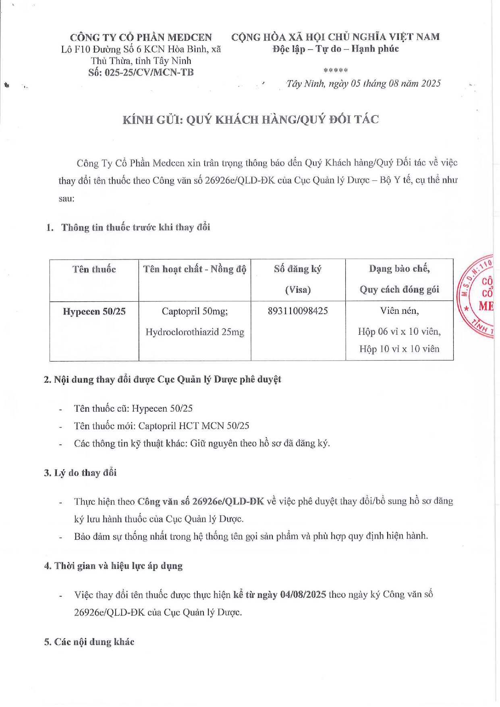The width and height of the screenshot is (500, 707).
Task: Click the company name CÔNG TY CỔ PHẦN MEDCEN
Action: [141, 37]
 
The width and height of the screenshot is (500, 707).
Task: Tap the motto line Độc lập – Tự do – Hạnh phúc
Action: [335, 49]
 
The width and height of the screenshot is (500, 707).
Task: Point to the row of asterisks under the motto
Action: [335, 70]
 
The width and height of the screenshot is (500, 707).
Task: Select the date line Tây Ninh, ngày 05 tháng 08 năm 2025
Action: [363, 83]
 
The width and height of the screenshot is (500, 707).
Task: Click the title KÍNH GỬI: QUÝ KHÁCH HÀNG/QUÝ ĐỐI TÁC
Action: [251, 120]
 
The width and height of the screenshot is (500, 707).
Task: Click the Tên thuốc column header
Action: [94, 270]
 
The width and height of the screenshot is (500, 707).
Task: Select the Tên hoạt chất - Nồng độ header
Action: [195, 269]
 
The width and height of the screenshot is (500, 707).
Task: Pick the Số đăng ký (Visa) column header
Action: [298, 279]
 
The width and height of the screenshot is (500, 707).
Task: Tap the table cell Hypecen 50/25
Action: [94, 311]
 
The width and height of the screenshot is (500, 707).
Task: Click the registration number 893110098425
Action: [298, 311]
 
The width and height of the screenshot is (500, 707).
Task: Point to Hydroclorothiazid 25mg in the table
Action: [195, 332]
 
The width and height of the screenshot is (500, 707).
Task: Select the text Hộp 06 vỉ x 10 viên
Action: [399, 332]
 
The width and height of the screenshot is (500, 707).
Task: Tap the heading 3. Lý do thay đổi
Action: [80, 473]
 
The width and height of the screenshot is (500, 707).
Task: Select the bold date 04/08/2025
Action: [303, 595]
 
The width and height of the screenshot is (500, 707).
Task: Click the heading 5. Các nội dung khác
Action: [89, 642]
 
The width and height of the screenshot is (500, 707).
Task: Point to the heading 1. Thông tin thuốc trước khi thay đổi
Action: [128, 227]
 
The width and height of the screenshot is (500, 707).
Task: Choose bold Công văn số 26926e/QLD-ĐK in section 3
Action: [201, 501]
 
